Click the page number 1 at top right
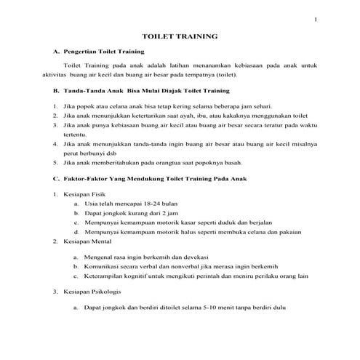316,19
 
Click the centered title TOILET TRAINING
180,37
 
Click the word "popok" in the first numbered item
82,106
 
